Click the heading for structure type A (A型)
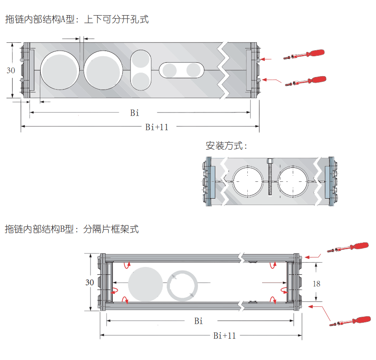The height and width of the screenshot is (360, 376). [x=77, y=19]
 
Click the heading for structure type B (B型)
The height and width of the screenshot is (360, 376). [x=71, y=229]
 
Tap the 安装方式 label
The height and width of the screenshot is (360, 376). [x=226, y=146]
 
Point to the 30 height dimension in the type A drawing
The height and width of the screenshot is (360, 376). [x=11, y=71]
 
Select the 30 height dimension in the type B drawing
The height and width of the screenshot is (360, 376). [x=90, y=283]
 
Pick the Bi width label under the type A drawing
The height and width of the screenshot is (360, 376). [x=135, y=113]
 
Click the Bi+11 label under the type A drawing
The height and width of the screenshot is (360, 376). [x=157, y=127]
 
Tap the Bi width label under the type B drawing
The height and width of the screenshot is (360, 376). [x=198, y=321]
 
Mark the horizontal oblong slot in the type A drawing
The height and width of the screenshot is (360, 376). [x=182, y=70]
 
